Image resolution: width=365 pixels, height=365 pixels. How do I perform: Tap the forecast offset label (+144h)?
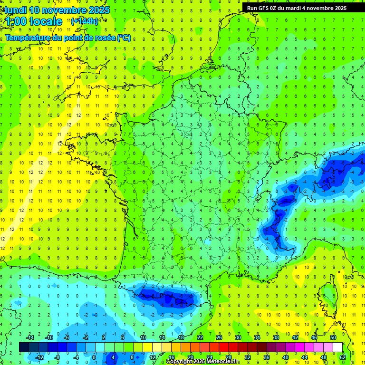85,21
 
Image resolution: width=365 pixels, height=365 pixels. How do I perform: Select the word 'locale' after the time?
46,21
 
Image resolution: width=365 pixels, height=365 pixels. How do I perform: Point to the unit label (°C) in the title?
124,38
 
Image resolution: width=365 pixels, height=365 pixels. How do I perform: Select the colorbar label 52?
343,357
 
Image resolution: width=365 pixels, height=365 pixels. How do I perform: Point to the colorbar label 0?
94,357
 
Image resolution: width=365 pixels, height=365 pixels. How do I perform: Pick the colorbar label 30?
238,337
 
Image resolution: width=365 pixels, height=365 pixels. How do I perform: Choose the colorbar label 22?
200,337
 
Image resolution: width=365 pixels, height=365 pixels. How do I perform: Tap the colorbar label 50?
333,337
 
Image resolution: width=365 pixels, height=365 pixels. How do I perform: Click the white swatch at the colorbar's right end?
338,347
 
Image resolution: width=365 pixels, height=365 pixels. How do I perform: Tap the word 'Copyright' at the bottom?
179,362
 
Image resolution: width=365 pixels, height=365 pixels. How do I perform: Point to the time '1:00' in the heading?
16,21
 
